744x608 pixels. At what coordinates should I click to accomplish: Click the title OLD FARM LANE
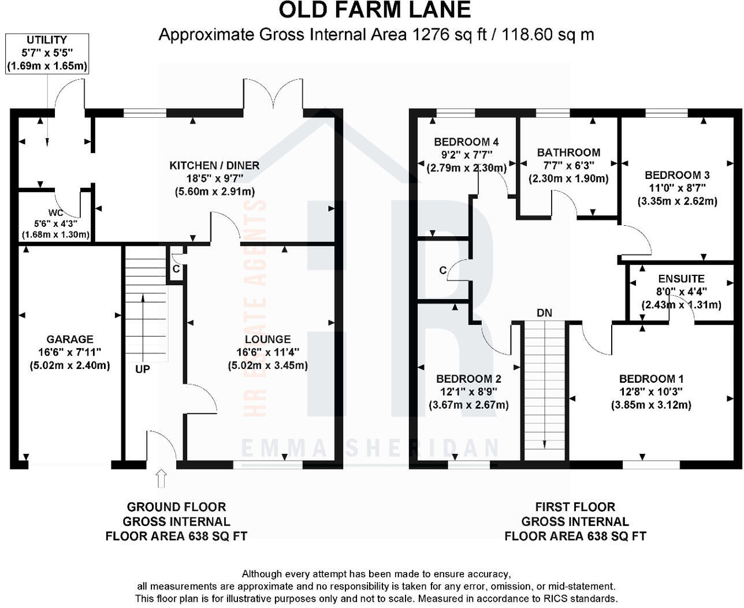(x=374, y=10)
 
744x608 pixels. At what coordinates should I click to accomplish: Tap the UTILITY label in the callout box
(x=47, y=40)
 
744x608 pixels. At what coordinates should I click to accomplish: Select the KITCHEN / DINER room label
(x=214, y=166)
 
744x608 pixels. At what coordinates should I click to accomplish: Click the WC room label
(x=56, y=213)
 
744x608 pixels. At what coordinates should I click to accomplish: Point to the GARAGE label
(x=70, y=340)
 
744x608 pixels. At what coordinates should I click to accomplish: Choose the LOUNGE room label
(x=267, y=340)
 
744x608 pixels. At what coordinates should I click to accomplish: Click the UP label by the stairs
(x=142, y=369)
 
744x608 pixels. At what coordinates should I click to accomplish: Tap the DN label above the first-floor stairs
(x=544, y=314)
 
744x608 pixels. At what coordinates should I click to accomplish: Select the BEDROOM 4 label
(x=466, y=142)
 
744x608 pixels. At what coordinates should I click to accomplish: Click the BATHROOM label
(x=568, y=153)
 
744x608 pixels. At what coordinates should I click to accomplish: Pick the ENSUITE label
(x=681, y=279)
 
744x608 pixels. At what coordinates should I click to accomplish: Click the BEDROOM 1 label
(x=651, y=379)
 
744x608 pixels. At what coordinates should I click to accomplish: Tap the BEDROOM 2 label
(x=468, y=379)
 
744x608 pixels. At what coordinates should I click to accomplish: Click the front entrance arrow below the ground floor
(x=161, y=478)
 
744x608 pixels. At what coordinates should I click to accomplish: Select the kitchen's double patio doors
(x=273, y=95)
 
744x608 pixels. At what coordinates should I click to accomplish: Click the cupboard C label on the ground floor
(x=176, y=269)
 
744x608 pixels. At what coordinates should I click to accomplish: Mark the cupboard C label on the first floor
(x=443, y=271)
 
